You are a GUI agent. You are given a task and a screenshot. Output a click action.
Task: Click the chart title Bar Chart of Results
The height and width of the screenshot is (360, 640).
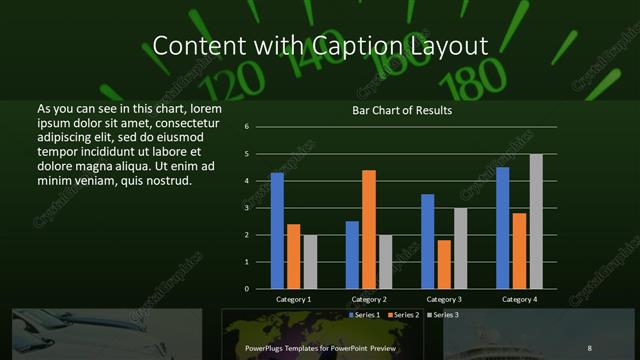pyautogui.click(x=402, y=110)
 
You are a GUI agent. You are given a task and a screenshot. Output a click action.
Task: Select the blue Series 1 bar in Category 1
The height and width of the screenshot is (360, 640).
pyautogui.click(x=277, y=230)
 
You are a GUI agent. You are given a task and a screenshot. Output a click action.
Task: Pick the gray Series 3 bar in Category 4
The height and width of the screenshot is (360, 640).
pyautogui.click(x=536, y=221)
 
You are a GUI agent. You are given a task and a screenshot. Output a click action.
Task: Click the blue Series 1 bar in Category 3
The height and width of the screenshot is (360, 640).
pyautogui.click(x=428, y=241)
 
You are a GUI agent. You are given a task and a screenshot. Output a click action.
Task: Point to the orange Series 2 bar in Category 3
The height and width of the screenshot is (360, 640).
pyautogui.click(x=444, y=264)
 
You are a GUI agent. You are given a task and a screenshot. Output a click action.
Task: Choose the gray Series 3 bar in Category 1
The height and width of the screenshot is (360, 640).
pyautogui.click(x=309, y=261)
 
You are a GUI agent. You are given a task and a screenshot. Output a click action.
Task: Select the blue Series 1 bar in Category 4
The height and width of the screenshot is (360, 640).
pyautogui.click(x=502, y=227)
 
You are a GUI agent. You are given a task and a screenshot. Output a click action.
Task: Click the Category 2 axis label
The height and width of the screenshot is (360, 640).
pyautogui.click(x=368, y=299)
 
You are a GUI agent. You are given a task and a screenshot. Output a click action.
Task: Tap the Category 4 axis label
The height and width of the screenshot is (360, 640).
pyautogui.click(x=519, y=299)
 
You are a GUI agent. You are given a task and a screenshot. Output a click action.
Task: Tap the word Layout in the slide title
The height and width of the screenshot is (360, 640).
pyautogui.click(x=446, y=46)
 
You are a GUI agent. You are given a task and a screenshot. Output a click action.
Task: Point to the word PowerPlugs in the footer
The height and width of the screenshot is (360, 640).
pyautogui.click(x=268, y=348)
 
